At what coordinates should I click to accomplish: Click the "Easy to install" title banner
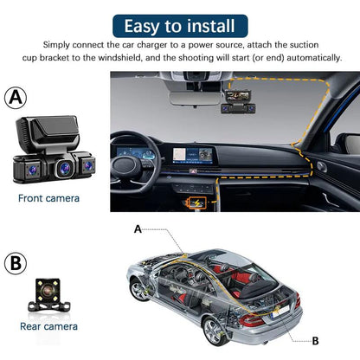click(x=179, y=24)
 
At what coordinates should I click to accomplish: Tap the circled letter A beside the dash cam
click(x=16, y=99)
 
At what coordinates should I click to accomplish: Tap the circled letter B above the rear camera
click(x=16, y=263)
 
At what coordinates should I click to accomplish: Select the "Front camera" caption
click(x=48, y=198)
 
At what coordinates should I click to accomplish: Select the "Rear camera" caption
click(x=48, y=326)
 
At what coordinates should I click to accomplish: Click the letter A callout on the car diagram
click(x=138, y=230)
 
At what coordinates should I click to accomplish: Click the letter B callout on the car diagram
click(x=315, y=340)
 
